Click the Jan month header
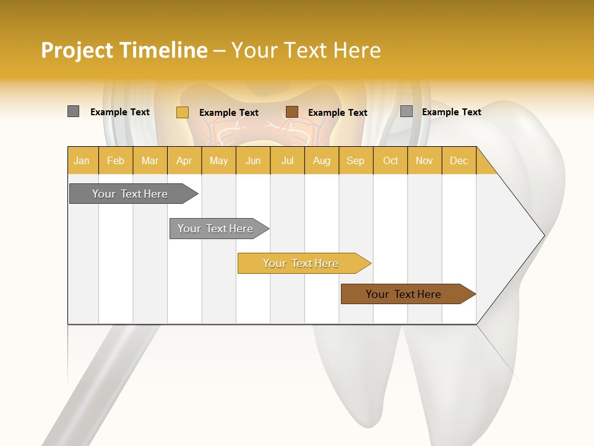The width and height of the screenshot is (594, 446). click(82, 160)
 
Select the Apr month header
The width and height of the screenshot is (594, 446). click(184, 160)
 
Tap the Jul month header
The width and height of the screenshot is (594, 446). click(288, 160)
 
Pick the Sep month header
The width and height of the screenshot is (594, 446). click(355, 160)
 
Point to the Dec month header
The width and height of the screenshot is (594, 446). click(458, 160)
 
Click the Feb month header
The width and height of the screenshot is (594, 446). click(116, 160)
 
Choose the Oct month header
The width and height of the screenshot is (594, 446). click(390, 160)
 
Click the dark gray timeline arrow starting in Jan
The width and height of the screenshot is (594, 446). click(130, 194)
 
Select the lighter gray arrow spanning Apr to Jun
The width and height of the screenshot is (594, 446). click(215, 229)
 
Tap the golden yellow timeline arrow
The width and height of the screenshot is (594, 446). click(301, 263)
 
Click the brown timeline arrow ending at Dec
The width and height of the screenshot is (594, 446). click(403, 294)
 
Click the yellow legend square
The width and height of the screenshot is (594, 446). click(183, 112)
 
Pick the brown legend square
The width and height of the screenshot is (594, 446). click(292, 111)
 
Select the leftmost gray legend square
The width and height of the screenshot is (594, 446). click(74, 111)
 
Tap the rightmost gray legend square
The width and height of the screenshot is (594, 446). click(407, 111)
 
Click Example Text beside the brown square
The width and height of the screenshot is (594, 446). click(338, 112)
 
